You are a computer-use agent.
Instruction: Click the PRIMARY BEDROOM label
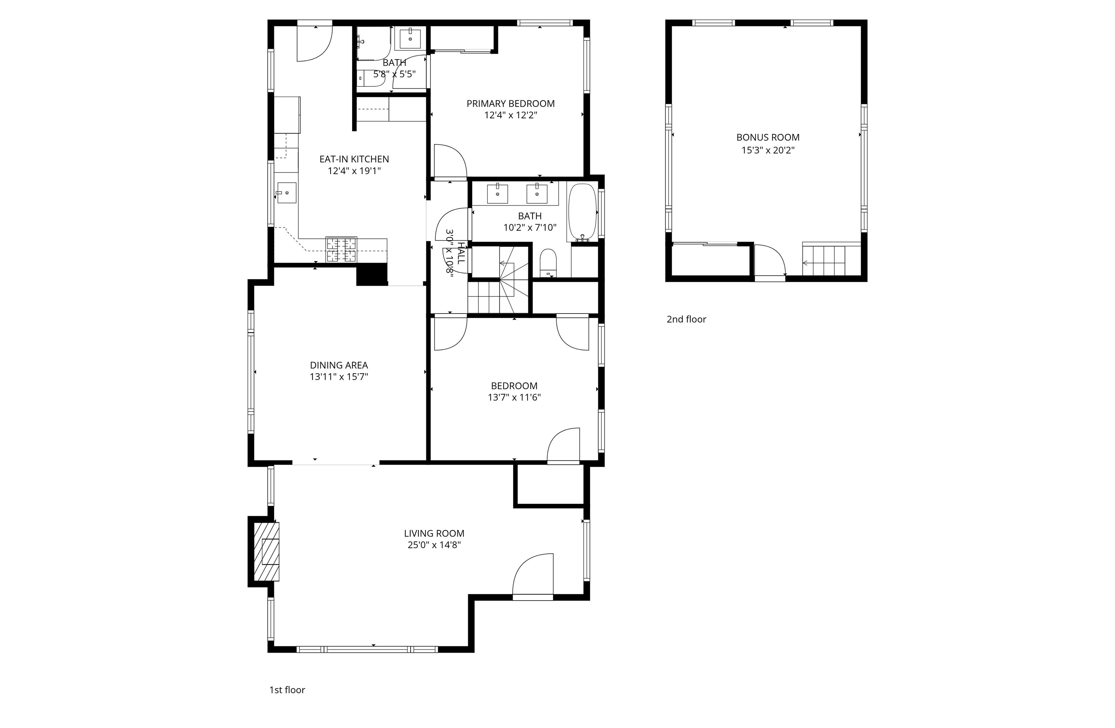coord(510,104)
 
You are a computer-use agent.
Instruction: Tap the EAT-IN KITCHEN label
coord(354,159)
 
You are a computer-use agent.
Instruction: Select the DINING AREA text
coord(339,365)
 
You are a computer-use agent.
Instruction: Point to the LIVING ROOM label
coord(434,533)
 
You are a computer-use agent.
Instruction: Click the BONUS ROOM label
coord(768,138)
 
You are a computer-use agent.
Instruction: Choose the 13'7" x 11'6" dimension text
coord(514,397)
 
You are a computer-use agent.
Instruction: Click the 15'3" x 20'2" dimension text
coord(768,150)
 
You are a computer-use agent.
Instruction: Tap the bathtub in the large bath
coord(582,213)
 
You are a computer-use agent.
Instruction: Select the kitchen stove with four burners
coord(341,249)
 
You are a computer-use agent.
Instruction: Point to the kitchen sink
coord(286,193)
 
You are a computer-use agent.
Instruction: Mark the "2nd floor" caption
coord(686,319)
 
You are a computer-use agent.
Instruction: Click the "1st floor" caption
coord(287,690)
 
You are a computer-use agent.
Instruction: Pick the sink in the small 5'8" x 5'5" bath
coord(411,39)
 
